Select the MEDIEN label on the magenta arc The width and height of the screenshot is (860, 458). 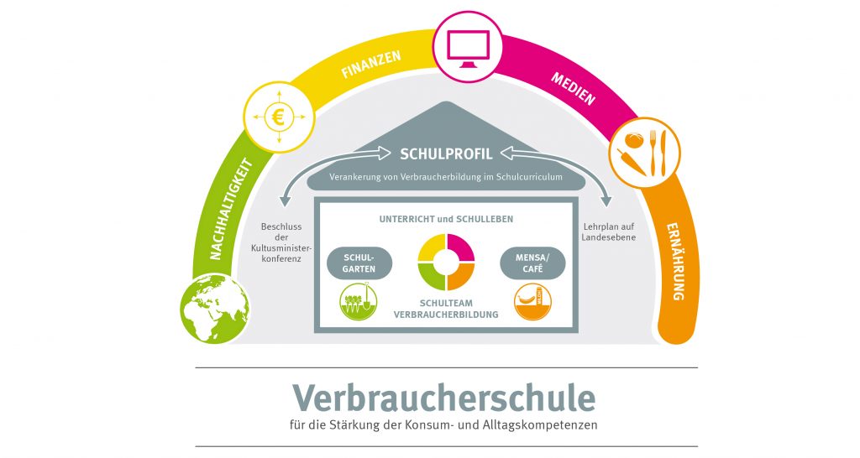[573, 88]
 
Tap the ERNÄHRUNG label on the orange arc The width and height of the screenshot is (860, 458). [678, 261]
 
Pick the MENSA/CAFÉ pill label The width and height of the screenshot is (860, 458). [534, 263]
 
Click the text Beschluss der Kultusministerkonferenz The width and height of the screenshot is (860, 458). [281, 242]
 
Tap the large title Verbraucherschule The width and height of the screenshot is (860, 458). [443, 397]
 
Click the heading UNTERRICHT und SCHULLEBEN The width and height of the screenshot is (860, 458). [446, 219]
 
